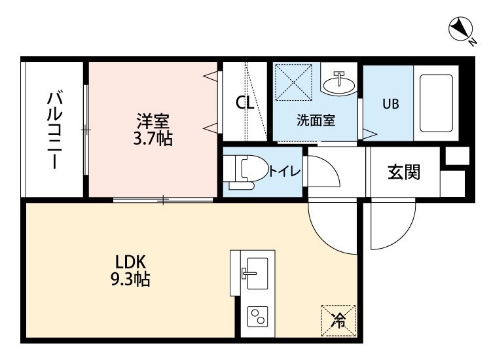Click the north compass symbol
tap(461, 29)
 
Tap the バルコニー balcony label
tap(55, 130)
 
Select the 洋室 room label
tap(153, 121)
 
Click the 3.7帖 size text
tap(153, 138)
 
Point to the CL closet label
tap(245, 102)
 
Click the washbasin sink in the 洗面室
tap(339, 83)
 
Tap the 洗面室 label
tap(316, 120)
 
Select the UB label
tap(391, 103)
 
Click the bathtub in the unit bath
tap(436, 103)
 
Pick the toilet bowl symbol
tap(247, 172)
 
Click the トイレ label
tap(285, 171)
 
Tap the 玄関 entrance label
tap(404, 172)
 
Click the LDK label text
tap(130, 262)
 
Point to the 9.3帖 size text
tap(130, 279)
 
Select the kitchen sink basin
tap(257, 274)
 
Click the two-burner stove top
tap(257, 317)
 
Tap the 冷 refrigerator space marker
tap(338, 321)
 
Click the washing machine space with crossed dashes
tap(293, 82)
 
